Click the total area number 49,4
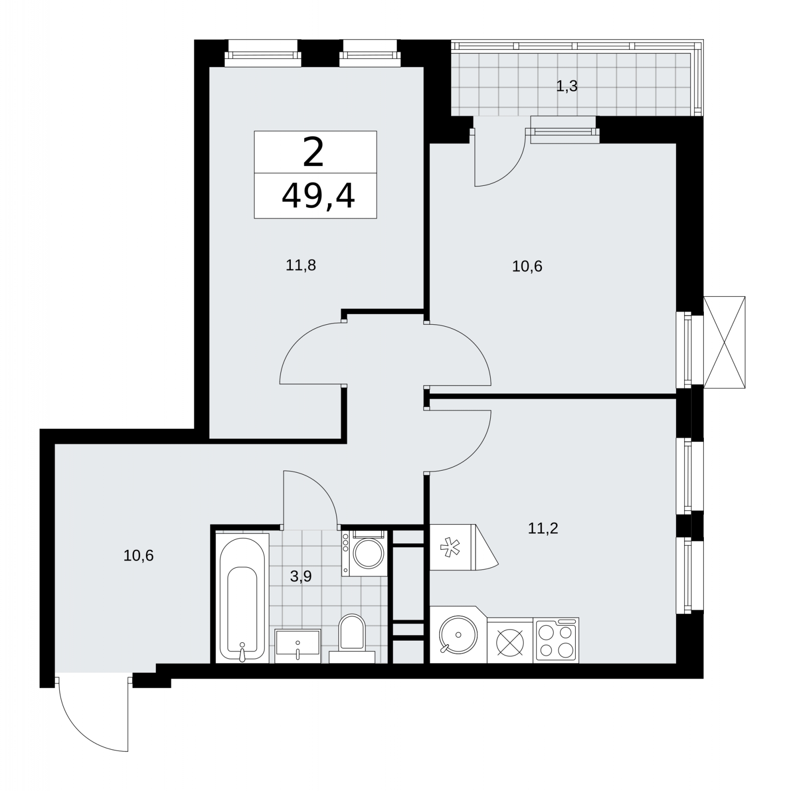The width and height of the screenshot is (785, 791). pos(318,196)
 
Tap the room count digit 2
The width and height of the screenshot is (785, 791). pos(313,152)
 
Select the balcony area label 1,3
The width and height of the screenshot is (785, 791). pos(567,87)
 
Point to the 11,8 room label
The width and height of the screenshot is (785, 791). pos(301,265)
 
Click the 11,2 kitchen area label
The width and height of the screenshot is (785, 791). pos(543,528)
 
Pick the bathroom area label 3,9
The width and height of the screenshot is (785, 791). pos(301,576)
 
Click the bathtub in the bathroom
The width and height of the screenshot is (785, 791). pos(242,598)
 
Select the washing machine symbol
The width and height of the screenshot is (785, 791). pos(364,553)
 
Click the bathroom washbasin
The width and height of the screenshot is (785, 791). pos(298,646)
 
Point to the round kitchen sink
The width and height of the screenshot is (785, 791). pos(458,635)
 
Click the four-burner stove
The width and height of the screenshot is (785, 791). pos(556,640)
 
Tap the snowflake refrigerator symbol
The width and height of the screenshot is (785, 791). pos(451,547)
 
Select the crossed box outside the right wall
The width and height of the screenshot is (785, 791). pos(724,342)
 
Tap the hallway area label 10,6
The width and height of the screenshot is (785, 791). pos(139,556)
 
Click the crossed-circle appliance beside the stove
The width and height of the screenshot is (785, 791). pos(510,640)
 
